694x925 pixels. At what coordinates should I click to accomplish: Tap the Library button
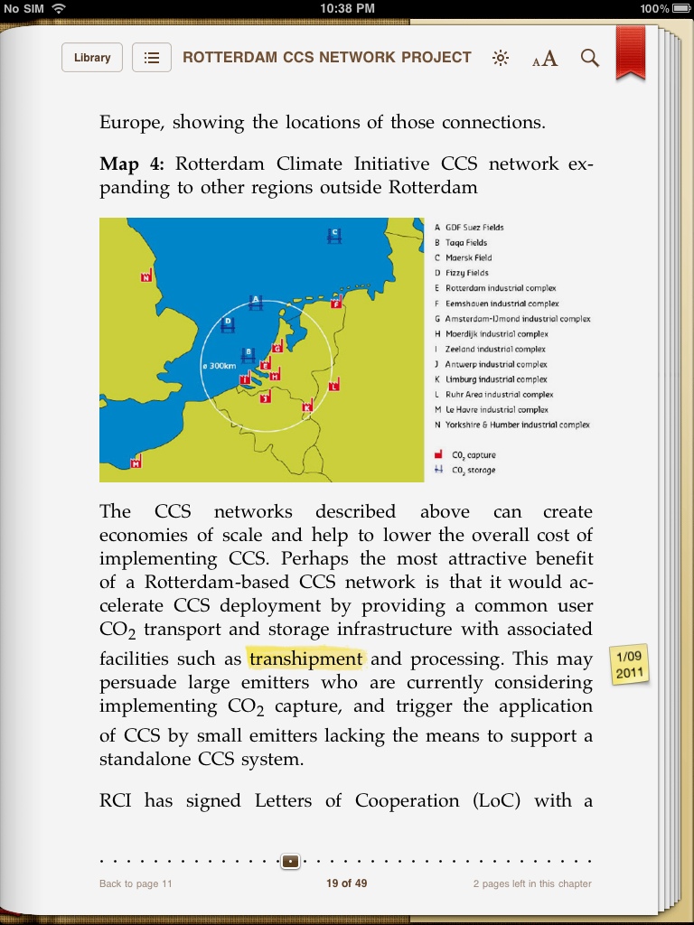click(x=92, y=58)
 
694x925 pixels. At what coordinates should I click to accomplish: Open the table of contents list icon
click(x=152, y=58)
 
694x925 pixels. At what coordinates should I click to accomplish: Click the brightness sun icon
click(x=501, y=59)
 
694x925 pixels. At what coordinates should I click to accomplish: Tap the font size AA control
click(x=545, y=59)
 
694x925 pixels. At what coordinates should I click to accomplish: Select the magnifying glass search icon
click(x=590, y=59)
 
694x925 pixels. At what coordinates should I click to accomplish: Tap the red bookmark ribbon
click(x=631, y=52)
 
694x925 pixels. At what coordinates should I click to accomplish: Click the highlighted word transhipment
click(x=306, y=659)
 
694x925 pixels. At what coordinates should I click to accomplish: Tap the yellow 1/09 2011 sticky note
click(x=629, y=664)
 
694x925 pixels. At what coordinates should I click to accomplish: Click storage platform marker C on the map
click(x=334, y=235)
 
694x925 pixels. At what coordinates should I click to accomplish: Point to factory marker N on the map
click(x=146, y=276)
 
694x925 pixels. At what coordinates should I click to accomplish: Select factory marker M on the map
click(x=136, y=462)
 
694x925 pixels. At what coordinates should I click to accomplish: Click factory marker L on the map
click(x=334, y=385)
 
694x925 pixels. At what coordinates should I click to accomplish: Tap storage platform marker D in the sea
click(x=228, y=322)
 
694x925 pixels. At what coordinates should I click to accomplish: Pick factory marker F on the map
click(x=336, y=303)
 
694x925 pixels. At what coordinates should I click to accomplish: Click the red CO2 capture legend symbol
click(x=438, y=454)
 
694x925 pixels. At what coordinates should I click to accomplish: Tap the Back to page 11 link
click(x=136, y=883)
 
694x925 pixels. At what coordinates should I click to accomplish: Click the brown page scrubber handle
click(x=290, y=862)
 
